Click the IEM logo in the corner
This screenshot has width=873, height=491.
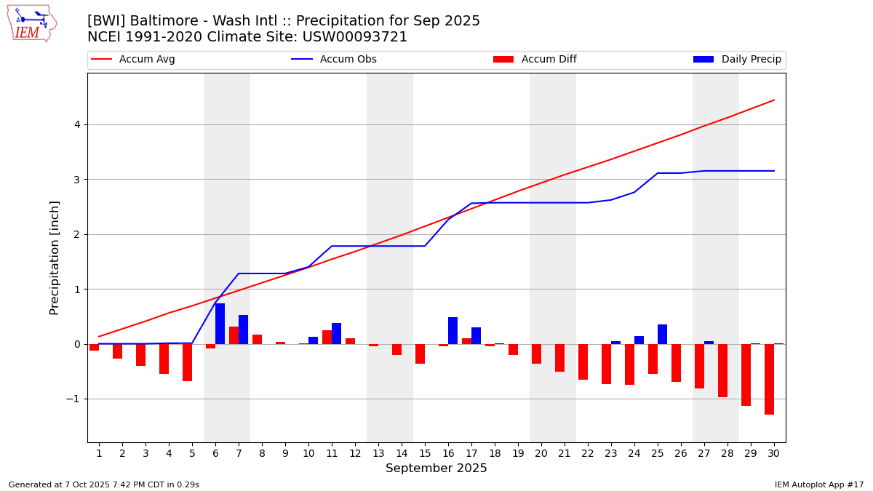pos(31,23)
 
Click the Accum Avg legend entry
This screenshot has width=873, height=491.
pos(134,60)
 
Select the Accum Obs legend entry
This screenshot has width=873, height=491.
pos(335,60)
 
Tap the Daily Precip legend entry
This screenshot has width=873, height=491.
pos(738,60)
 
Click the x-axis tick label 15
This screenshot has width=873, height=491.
pos(425,452)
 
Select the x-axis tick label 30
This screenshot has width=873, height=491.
pos(774,452)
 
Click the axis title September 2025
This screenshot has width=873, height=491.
pos(436,468)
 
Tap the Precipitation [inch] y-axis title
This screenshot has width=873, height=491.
pos(55,258)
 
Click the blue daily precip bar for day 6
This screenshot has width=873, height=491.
pos(220,324)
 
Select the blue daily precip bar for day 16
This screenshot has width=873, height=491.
pos(453,331)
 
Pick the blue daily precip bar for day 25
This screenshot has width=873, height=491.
pos(662,335)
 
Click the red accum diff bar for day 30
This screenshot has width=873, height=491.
pos(769,379)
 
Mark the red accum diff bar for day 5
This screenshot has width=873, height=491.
pos(187,362)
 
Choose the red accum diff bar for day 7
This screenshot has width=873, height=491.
pos(234,335)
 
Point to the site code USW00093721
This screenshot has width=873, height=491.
pos(363,37)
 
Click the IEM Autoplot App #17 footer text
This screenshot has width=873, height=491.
pos(819,484)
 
